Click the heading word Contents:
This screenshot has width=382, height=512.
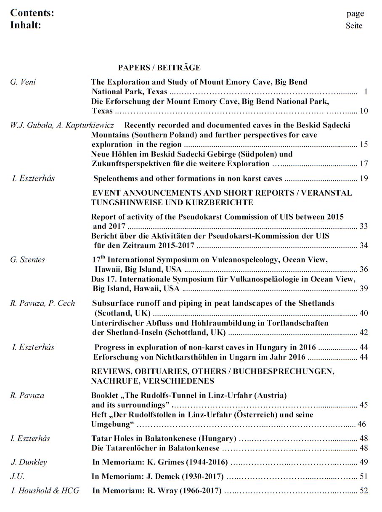pyautogui.click(x=32, y=13)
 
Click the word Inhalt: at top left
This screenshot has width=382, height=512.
pyautogui.click(x=26, y=25)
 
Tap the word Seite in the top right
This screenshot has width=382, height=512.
pyautogui.click(x=354, y=26)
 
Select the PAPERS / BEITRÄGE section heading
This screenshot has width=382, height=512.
pyautogui.click(x=159, y=67)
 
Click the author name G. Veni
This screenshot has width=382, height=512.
pyautogui.click(x=23, y=82)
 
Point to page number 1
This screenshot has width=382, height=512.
pyautogui.click(x=366, y=91)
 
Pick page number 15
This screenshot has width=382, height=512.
pyautogui.click(x=364, y=145)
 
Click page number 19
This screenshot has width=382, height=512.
pyautogui.click(x=364, y=178)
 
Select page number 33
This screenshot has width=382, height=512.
pyautogui.click(x=364, y=226)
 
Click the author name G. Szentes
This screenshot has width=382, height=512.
pyautogui.click(x=27, y=260)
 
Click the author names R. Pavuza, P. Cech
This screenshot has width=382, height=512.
pyautogui.click(x=42, y=303)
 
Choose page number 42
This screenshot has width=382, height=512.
pyautogui.click(x=364, y=332)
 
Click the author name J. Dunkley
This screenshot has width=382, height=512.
pyautogui.click(x=29, y=462)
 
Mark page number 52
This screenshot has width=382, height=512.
pyautogui.click(x=364, y=491)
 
